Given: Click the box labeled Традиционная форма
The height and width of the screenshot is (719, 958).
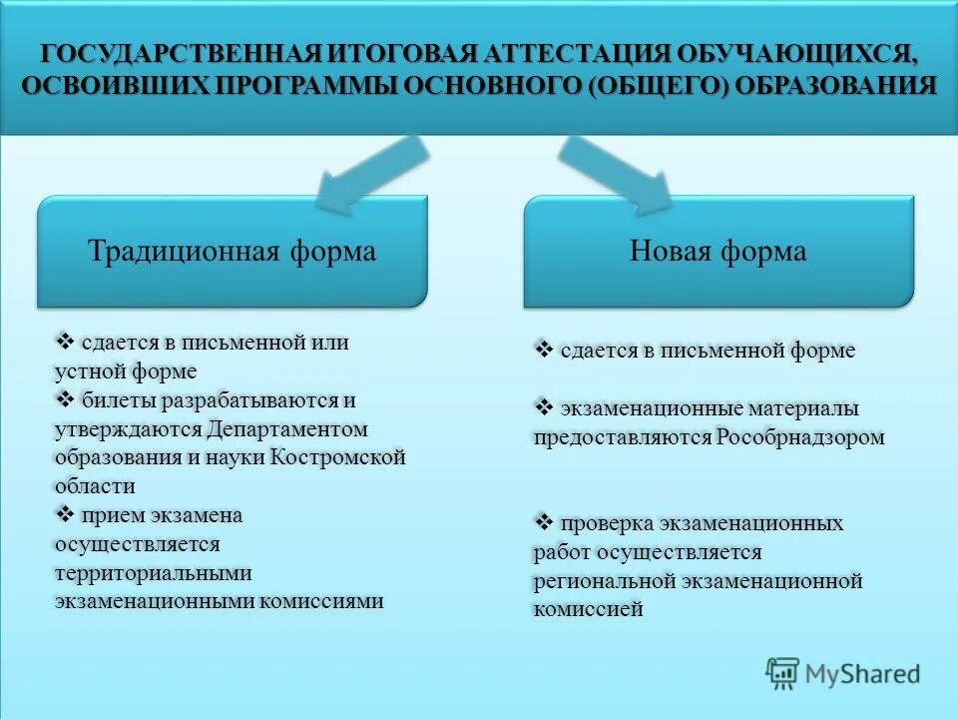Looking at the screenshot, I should pos(233,251).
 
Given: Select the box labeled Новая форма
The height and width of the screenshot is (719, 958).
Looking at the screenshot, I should pos(718,251).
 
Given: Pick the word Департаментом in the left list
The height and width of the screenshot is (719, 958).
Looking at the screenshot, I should pos(288,429).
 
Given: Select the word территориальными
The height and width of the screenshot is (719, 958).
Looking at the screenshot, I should pos(154,573).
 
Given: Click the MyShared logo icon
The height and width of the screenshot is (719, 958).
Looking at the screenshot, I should pos(783,674).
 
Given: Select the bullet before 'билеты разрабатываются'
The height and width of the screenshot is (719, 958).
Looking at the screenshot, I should pos(66,400).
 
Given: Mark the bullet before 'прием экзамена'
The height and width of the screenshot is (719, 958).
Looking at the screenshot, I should pos(66,515).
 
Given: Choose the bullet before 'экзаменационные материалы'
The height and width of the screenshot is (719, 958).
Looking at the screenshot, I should pos(544,407).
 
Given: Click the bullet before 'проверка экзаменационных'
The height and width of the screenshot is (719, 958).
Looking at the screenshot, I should pos(544,522).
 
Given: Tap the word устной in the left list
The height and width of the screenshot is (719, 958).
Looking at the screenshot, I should pos(87,371).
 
